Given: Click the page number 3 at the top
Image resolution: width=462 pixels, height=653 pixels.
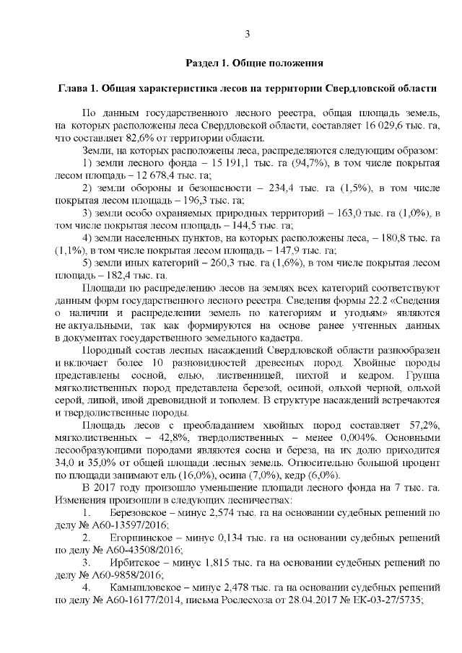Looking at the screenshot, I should click(x=248, y=34).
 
